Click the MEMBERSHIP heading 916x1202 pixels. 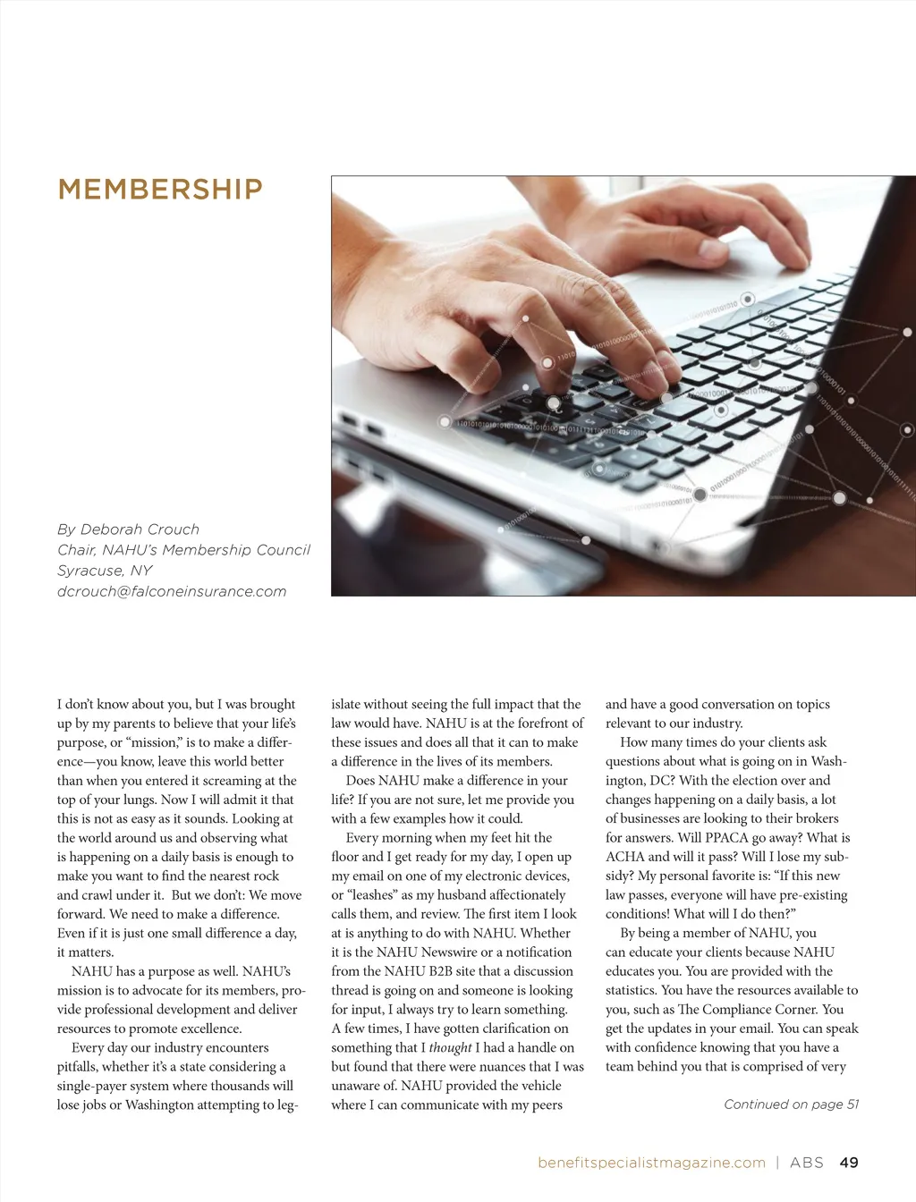(x=160, y=190)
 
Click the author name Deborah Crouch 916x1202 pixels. (x=140, y=529)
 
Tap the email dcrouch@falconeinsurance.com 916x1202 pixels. (x=172, y=591)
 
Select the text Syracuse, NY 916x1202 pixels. (x=105, y=571)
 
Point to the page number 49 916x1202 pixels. (x=849, y=1163)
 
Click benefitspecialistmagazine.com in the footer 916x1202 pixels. (x=651, y=1163)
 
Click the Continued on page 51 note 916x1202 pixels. (x=791, y=1105)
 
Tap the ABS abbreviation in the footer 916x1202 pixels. (x=807, y=1163)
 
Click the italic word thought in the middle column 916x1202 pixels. (x=450, y=1048)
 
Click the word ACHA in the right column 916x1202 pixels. (x=625, y=857)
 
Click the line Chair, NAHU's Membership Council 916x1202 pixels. (x=183, y=550)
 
